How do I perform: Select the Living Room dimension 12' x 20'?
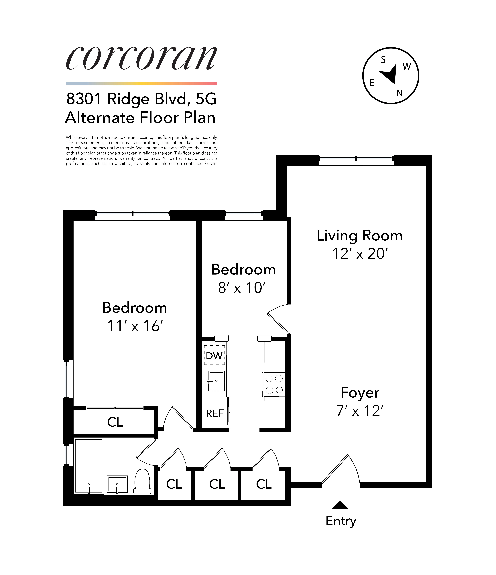(360, 254)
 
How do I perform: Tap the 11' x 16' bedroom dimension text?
(135, 326)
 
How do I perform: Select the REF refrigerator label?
(215, 413)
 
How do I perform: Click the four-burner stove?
(274, 384)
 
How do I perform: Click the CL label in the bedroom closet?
(115, 422)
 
